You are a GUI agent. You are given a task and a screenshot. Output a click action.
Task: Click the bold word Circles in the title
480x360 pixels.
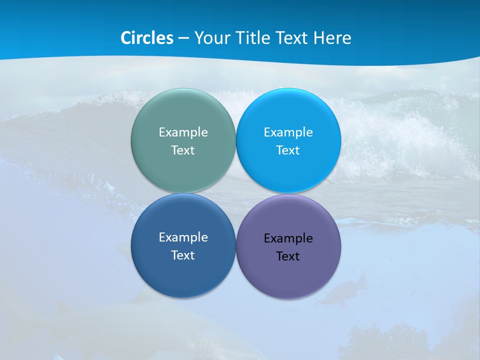(x=147, y=38)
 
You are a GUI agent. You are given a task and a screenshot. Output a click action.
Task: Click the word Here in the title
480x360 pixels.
(x=332, y=38)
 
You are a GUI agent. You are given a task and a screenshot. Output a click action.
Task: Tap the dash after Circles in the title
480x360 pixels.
(x=183, y=38)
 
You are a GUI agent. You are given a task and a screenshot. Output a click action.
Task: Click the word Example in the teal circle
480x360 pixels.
(x=183, y=132)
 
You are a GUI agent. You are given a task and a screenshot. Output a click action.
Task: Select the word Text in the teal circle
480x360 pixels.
(x=183, y=150)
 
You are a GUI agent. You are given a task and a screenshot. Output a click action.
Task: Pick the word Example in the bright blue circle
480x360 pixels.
(x=288, y=132)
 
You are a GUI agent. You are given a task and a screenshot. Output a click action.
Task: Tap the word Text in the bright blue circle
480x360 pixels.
(x=288, y=150)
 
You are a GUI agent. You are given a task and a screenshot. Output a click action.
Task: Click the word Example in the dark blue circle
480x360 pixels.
(x=183, y=237)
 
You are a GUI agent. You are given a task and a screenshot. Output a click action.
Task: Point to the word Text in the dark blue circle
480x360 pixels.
(x=183, y=255)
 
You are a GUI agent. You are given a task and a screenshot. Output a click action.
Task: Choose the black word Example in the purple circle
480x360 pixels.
(x=288, y=238)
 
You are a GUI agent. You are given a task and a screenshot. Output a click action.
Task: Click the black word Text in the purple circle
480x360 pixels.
(x=288, y=256)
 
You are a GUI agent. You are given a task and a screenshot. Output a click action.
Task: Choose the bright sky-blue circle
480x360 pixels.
(x=288, y=170)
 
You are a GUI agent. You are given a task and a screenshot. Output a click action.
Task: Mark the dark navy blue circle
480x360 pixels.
(x=183, y=275)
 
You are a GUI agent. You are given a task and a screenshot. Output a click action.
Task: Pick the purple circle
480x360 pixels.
(x=288, y=277)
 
